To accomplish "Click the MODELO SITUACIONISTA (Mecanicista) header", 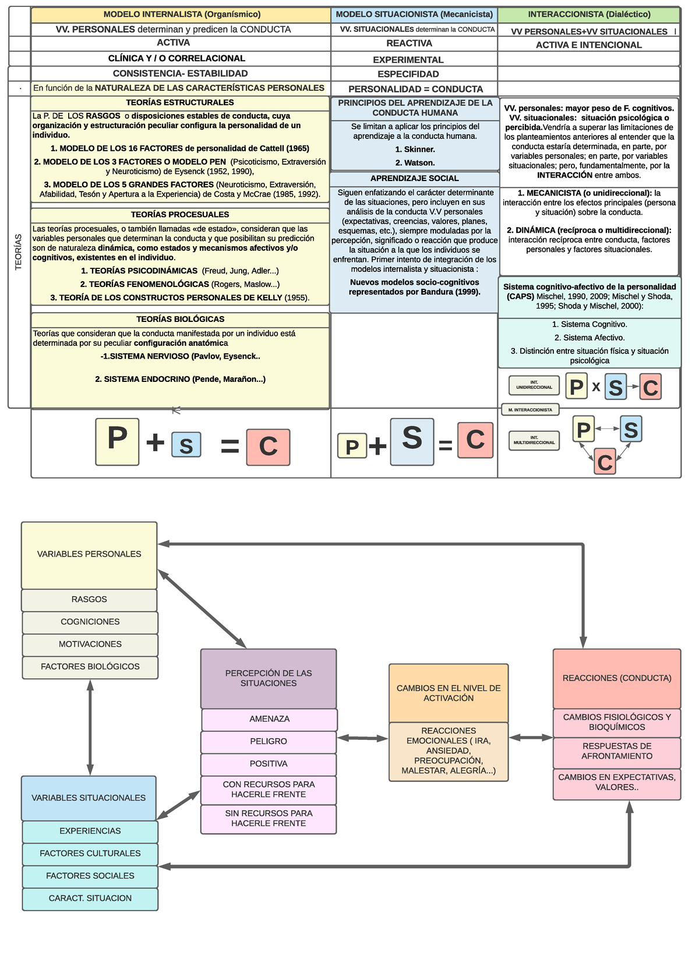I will tap(414, 15).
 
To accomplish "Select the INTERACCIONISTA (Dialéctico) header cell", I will tap(589, 15).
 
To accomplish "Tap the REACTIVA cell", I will tap(409, 44).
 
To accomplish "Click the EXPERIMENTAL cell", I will tap(408, 60).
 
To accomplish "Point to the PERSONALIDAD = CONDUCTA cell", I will tap(415, 89).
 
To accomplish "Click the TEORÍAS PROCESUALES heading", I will tap(180, 215).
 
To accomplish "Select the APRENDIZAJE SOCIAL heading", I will tap(414, 179).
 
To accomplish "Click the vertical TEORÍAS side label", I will tap(19, 251).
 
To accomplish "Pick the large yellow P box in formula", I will tap(117, 441).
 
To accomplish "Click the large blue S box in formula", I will tap(412, 441).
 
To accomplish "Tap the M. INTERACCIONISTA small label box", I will tap(530, 410).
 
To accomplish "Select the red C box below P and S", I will tap(605, 462).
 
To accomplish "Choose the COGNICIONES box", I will tap(90, 622).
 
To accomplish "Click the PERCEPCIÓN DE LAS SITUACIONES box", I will tap(269, 678).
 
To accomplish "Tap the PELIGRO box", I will tap(269, 742).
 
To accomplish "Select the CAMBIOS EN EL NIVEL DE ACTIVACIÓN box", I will tap(449, 693).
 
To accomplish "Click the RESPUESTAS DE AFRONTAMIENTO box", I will tap(616, 752).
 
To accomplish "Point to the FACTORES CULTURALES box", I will tap(90, 854).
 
